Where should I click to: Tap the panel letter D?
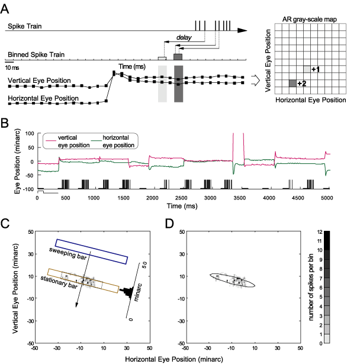coord(172,224)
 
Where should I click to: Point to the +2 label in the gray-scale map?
coord(301,83)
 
